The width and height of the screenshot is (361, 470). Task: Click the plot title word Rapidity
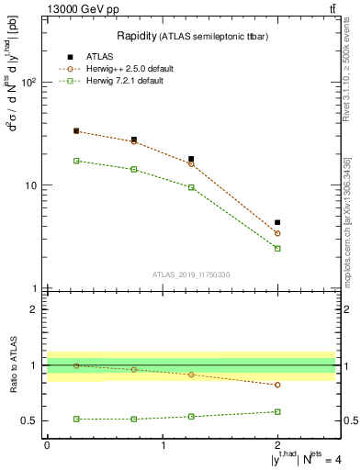(135, 36)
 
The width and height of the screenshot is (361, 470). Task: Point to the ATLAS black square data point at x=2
(277, 222)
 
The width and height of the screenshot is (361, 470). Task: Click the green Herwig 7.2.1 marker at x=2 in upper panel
(277, 249)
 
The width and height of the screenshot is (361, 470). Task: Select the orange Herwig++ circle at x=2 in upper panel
(277, 233)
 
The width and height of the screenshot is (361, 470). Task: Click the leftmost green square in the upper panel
(76, 161)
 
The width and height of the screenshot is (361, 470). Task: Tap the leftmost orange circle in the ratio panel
(76, 365)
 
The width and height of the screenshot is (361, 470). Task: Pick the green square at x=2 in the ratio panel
(277, 411)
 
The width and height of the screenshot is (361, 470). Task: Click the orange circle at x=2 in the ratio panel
(277, 385)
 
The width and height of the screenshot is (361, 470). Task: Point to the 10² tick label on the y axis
(29, 83)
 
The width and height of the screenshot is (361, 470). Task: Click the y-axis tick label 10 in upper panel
(31, 185)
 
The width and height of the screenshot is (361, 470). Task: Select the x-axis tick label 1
(163, 445)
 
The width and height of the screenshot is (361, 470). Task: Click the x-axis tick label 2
(277, 445)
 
